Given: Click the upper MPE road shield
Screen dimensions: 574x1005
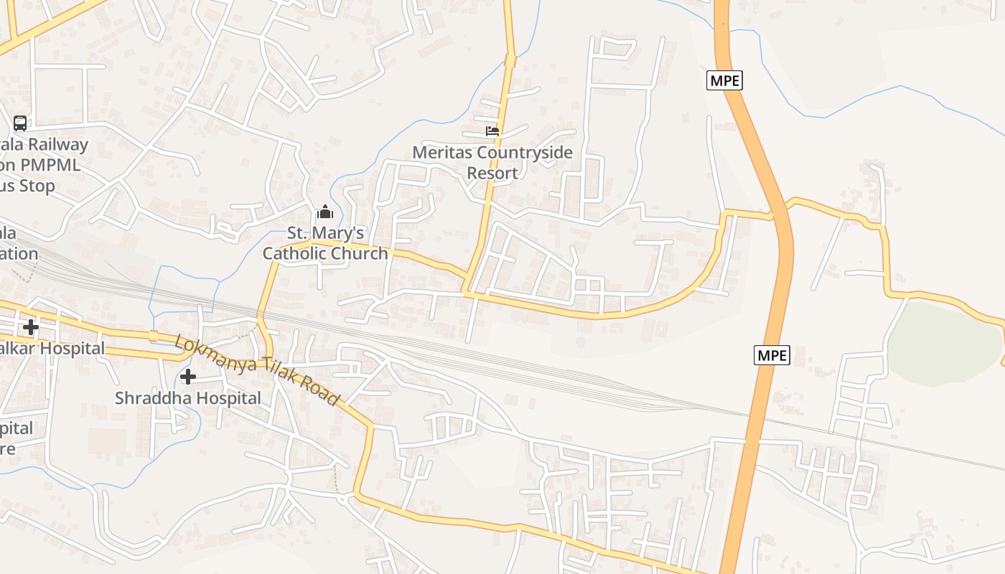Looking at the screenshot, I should [x=724, y=80].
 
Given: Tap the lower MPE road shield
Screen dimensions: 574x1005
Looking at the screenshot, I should [x=772, y=354].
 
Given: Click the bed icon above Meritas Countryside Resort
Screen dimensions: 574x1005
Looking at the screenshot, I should [x=492, y=131].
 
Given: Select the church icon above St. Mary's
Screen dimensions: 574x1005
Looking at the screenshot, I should [x=325, y=212].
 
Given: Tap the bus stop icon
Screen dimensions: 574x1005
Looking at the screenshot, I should [x=20, y=123].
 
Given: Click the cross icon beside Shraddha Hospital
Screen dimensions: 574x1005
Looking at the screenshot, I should [x=188, y=377].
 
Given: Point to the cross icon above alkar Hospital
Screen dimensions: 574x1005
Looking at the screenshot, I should [x=30, y=327].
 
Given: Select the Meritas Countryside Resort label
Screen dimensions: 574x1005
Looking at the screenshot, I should [x=492, y=163].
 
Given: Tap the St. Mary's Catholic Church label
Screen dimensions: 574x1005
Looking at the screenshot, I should [x=325, y=243].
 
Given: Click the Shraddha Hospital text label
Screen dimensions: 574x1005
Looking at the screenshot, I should [x=188, y=398].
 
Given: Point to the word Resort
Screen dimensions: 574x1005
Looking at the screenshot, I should [x=492, y=174].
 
